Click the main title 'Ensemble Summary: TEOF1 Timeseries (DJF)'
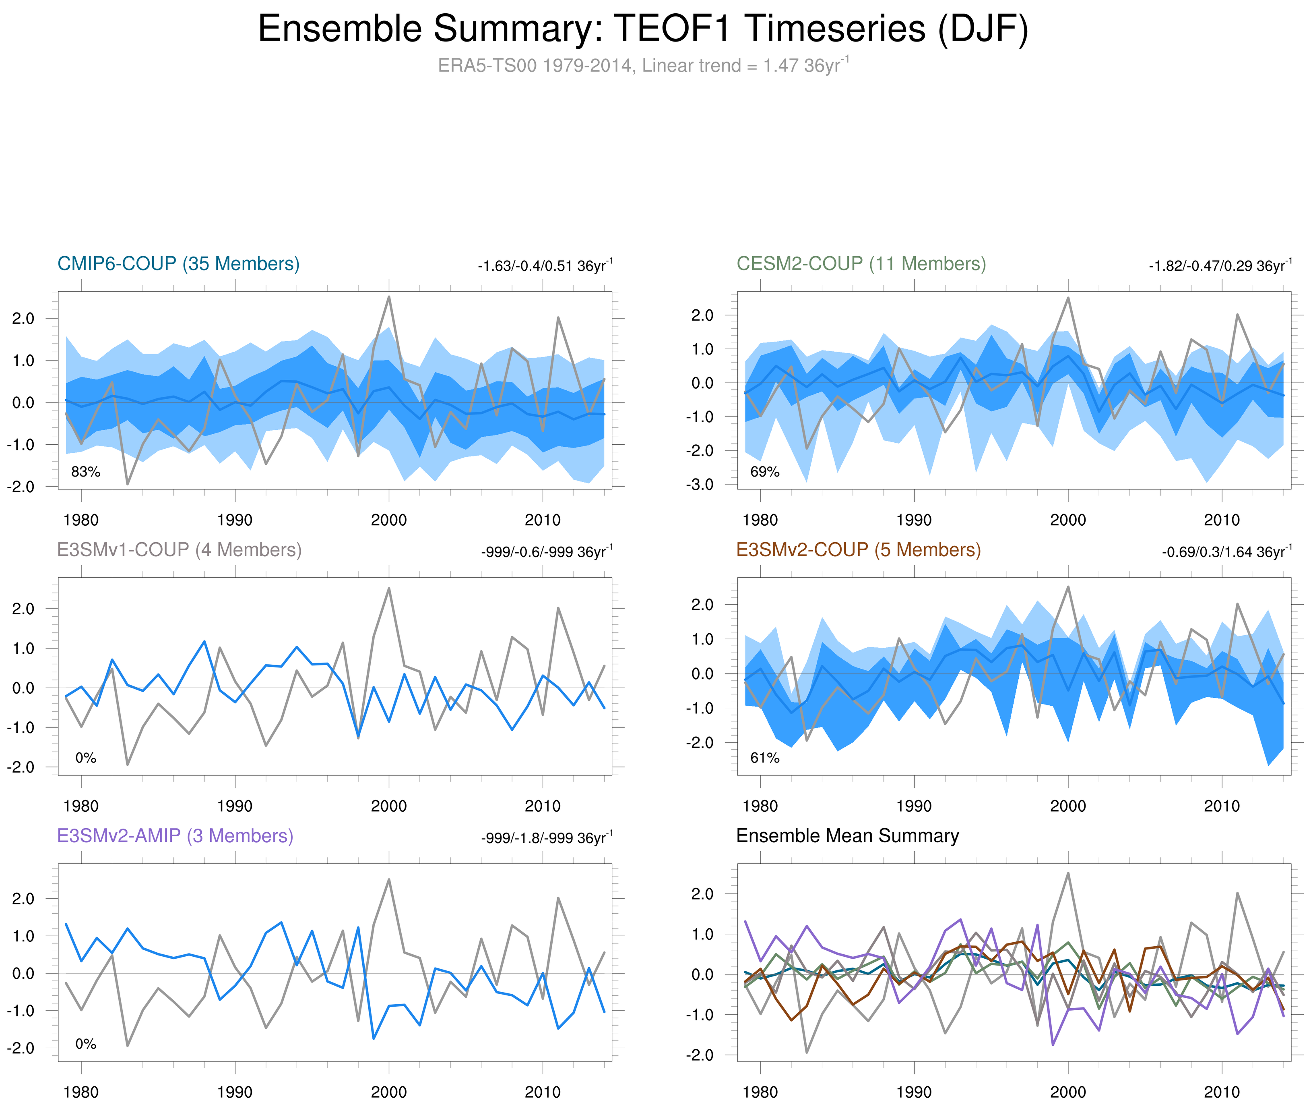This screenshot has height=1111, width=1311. point(642,29)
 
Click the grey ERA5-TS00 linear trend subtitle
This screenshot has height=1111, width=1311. point(642,66)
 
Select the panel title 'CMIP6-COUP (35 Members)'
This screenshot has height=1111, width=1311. point(178,263)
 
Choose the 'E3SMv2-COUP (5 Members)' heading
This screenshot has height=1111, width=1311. point(858,550)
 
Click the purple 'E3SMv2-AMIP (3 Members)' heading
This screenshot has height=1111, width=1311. point(175,836)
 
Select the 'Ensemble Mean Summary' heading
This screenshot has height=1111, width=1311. point(847,836)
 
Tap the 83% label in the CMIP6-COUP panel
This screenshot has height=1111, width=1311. point(86,472)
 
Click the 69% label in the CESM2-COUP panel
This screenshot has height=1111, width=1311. point(765,472)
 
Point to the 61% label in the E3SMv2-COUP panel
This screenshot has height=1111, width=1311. point(765,758)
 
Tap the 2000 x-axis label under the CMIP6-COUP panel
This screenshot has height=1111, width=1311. point(388,520)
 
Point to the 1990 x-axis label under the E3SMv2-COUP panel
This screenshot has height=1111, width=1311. point(914,806)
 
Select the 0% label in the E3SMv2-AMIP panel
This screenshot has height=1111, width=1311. point(86,1044)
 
